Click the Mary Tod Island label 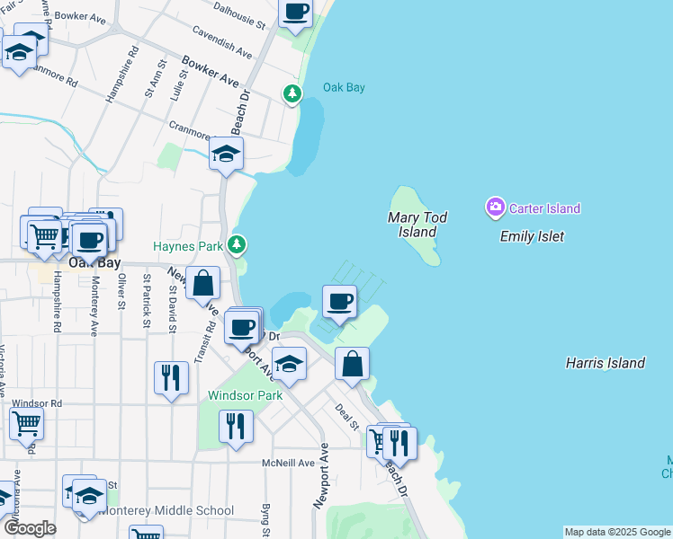[417, 225]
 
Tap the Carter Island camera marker [495, 208]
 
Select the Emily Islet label [532, 236]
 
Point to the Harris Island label [605, 363]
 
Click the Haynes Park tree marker [237, 243]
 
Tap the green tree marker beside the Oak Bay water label [292, 93]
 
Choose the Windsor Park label [245, 395]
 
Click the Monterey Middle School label [167, 510]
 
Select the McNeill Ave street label [288, 463]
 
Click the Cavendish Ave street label [221, 38]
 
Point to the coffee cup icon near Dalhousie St [295, 13]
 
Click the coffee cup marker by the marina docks [340, 302]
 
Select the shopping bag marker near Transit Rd [203, 283]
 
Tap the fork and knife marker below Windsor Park [236, 426]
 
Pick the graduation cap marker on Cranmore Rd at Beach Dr [226, 154]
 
